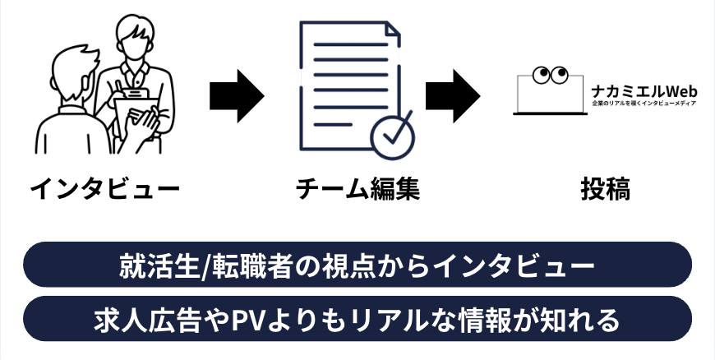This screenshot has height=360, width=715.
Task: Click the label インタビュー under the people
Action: coord(104,190)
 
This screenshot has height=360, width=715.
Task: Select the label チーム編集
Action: coord(357,190)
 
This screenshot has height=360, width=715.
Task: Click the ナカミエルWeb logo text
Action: coord(643,90)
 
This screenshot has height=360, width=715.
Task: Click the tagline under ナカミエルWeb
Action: coord(643,104)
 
